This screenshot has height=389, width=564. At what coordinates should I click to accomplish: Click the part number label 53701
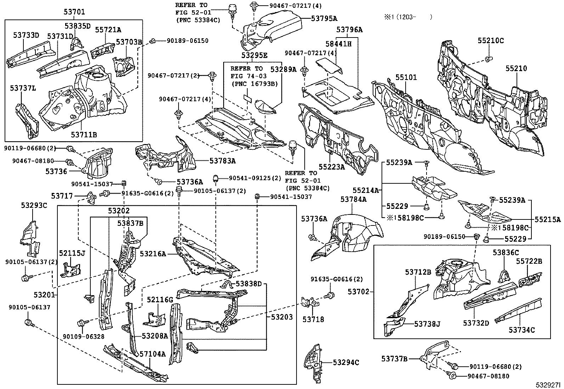pyautogui.click(x=74, y=12)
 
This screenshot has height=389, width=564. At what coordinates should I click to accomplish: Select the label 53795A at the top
pyautogui.click(x=324, y=18)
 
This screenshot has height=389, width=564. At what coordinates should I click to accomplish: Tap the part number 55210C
pyautogui.click(x=490, y=40)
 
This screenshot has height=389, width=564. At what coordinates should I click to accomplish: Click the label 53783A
pyautogui.click(x=222, y=160)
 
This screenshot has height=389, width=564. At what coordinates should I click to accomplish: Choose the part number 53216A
pyautogui.click(x=153, y=254)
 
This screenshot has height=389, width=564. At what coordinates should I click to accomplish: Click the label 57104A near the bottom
pyautogui.click(x=152, y=354)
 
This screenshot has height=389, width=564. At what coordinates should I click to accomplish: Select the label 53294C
pyautogui.click(x=346, y=362)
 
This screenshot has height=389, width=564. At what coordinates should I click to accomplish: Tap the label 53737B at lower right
pyautogui.click(x=394, y=359)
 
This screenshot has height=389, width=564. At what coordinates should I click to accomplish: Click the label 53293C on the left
pyautogui.click(x=34, y=205)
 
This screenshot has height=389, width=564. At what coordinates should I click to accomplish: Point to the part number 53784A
pyautogui.click(x=353, y=199)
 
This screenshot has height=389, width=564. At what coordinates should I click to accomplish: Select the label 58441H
pyautogui.click(x=338, y=44)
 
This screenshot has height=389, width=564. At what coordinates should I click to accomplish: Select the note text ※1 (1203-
pyautogui.click(x=410, y=17)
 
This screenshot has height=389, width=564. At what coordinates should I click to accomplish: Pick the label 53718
pyautogui.click(x=313, y=319)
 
